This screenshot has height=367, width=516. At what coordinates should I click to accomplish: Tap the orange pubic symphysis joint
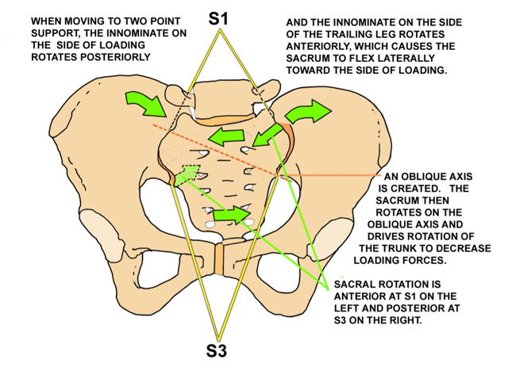(217, 258)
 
